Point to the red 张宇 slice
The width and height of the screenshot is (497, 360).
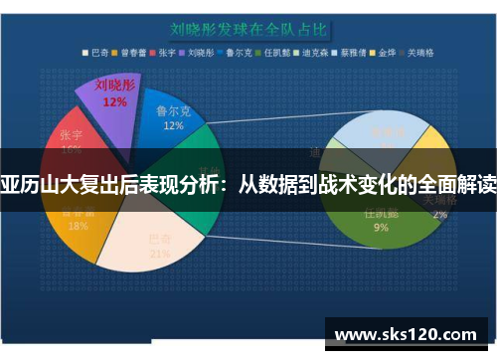tap(75, 139)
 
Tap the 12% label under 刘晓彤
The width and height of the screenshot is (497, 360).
tap(114, 101)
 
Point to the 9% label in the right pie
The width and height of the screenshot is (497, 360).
tap(381, 227)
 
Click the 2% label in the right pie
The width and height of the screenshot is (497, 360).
tap(439, 213)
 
